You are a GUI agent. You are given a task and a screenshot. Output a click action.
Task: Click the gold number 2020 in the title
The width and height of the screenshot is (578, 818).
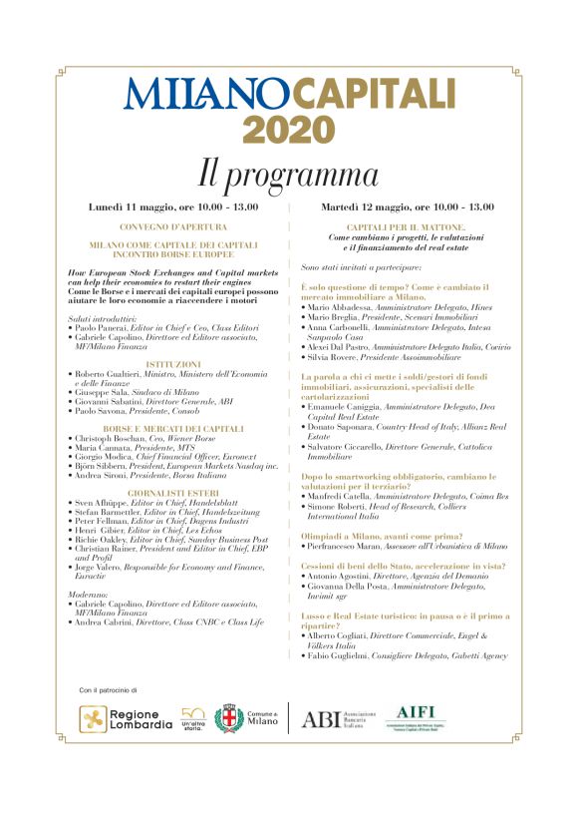point(289,130)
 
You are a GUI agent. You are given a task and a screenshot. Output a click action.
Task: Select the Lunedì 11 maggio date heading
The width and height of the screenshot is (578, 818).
point(174,206)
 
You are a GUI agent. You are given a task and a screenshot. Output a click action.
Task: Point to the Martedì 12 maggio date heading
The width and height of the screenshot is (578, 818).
point(407,206)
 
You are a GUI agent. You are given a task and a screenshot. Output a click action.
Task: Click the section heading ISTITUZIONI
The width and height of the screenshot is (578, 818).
point(174,365)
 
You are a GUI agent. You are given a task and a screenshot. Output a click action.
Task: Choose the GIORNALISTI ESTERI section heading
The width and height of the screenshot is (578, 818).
point(173,492)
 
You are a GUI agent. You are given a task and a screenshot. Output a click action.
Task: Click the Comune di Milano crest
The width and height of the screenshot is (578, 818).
point(229,718)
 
